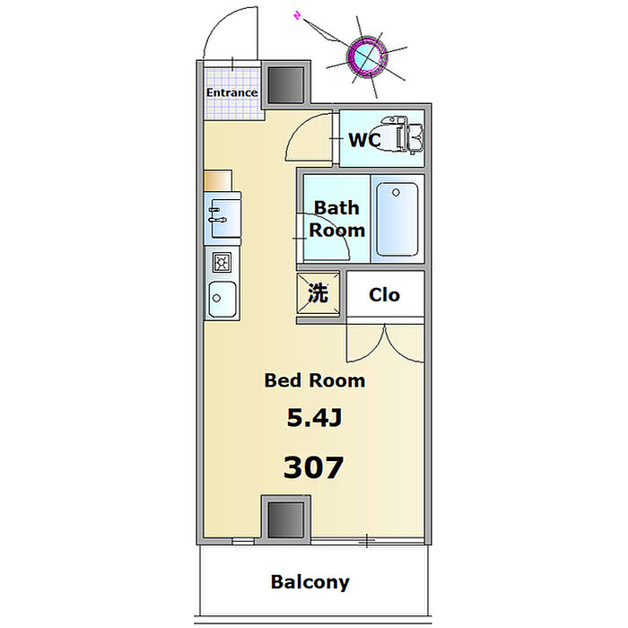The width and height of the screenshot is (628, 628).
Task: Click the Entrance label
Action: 231,92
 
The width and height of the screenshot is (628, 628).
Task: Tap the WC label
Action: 363,141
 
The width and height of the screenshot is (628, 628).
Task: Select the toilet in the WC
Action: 403,136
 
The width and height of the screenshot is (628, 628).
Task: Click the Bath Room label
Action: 336,218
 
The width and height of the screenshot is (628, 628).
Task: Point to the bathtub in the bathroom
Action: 395,220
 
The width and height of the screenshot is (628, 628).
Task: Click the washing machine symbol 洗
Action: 318,292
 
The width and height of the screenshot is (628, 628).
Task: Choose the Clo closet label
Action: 384,294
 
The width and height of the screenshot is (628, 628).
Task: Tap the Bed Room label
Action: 314,380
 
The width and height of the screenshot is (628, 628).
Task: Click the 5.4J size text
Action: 314,418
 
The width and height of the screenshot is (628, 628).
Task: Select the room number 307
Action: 313,467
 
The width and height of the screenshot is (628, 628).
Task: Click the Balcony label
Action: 310,582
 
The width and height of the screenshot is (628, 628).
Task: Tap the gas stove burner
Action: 221,261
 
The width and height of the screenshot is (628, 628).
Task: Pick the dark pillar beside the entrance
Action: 287,85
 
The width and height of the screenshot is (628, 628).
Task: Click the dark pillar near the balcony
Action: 286,519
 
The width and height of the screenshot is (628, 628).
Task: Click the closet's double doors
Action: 385,342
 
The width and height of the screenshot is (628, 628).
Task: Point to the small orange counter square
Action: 217,180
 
